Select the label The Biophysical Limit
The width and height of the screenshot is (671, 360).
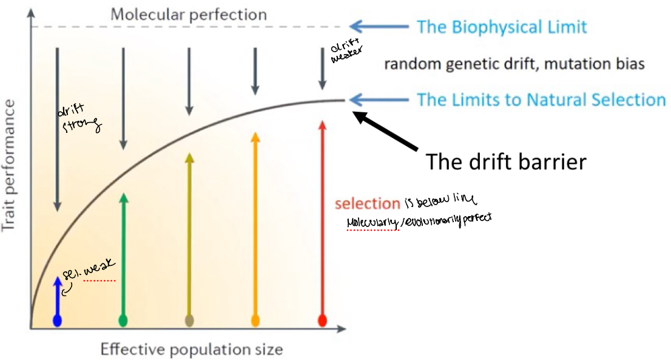(x=501, y=27)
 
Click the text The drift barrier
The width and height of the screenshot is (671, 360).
(x=506, y=161)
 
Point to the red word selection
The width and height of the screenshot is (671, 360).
(x=367, y=203)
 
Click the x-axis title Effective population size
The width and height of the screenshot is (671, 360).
(x=191, y=349)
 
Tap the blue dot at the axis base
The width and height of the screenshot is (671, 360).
(x=57, y=321)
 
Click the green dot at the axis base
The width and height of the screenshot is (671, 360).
(x=123, y=320)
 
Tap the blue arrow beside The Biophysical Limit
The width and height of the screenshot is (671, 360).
(x=380, y=26)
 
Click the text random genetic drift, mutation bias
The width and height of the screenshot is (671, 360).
(x=514, y=64)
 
